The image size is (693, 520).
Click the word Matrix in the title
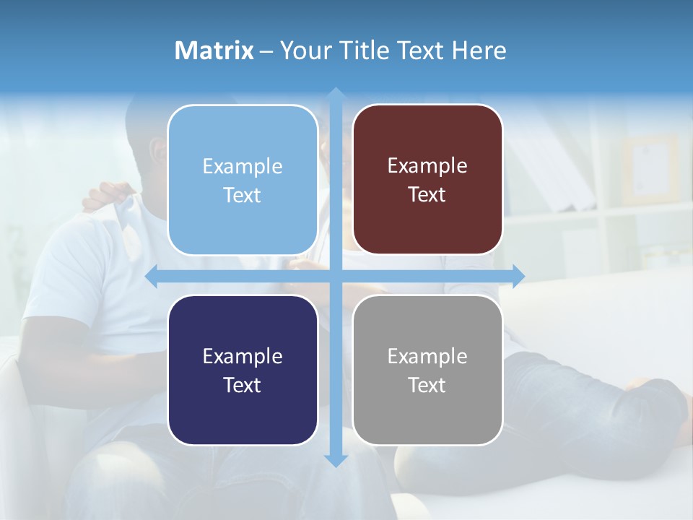[214, 51]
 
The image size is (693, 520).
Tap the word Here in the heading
[479, 51]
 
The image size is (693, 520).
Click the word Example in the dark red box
[427, 166]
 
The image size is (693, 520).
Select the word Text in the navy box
[243, 385]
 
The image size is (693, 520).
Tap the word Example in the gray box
[427, 356]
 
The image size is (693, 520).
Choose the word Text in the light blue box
[243, 195]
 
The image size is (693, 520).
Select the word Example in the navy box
[243, 356]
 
